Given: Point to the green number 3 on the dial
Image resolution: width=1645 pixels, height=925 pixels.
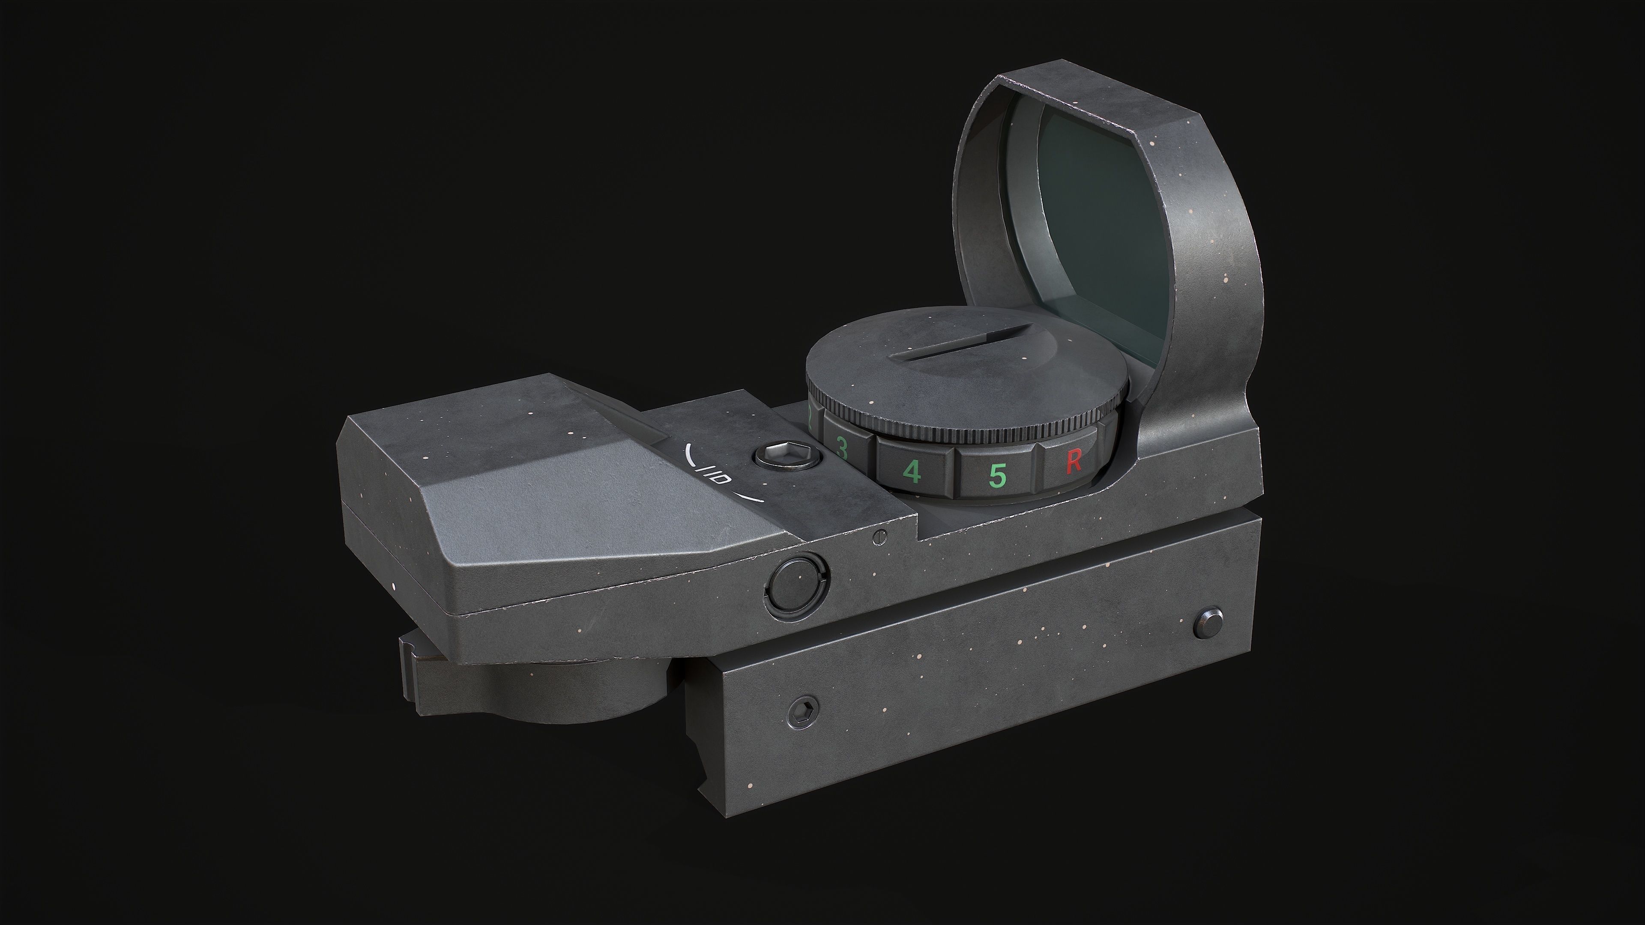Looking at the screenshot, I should (842, 449).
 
